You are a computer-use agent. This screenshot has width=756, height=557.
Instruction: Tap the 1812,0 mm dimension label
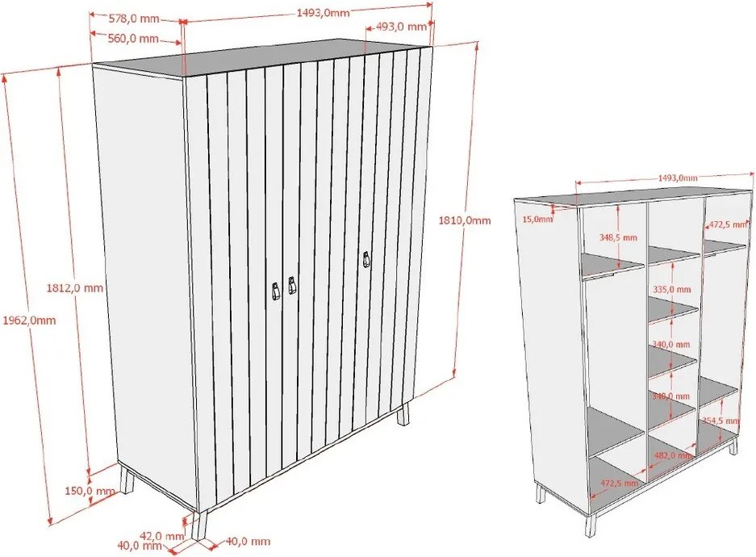click(75, 287)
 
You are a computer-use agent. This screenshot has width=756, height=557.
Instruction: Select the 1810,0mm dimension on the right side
click(464, 220)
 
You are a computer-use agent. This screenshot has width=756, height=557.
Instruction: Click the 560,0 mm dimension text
click(133, 38)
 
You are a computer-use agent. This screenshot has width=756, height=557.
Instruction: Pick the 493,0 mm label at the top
click(401, 27)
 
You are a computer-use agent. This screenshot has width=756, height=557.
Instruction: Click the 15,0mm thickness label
click(537, 219)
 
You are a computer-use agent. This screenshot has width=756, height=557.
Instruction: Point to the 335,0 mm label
click(671, 288)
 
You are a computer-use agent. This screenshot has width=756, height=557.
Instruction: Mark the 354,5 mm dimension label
click(720, 421)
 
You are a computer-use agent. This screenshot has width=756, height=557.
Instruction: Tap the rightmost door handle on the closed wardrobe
click(365, 260)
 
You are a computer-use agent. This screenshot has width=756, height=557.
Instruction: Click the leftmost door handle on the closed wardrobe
click(275, 290)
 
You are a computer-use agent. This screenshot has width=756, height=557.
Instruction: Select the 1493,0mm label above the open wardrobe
click(677, 178)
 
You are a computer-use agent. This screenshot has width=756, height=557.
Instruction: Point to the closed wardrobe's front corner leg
click(197, 524)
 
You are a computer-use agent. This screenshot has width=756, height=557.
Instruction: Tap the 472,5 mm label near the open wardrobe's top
click(725, 225)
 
